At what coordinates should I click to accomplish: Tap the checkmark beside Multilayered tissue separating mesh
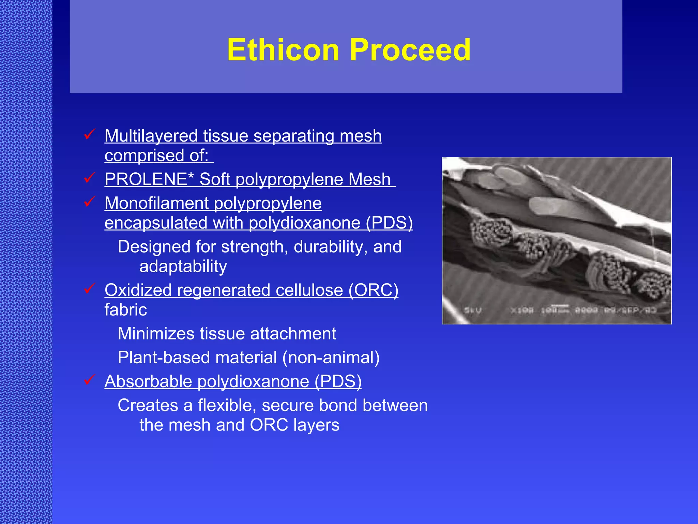(x=89, y=134)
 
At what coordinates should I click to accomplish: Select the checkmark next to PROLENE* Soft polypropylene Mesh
(x=89, y=178)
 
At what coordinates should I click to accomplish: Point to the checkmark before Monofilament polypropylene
(x=89, y=202)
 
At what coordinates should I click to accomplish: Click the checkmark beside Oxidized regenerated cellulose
(x=89, y=289)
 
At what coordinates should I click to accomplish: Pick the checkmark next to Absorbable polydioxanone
(x=89, y=380)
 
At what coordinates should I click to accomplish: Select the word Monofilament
(x=156, y=203)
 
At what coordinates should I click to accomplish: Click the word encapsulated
(x=156, y=223)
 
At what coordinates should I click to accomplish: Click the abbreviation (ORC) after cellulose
(x=373, y=290)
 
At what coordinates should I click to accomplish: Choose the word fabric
(x=125, y=310)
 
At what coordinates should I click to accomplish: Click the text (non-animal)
(x=331, y=358)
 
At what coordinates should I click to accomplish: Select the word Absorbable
(x=148, y=381)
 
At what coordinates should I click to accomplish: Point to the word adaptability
(x=183, y=266)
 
